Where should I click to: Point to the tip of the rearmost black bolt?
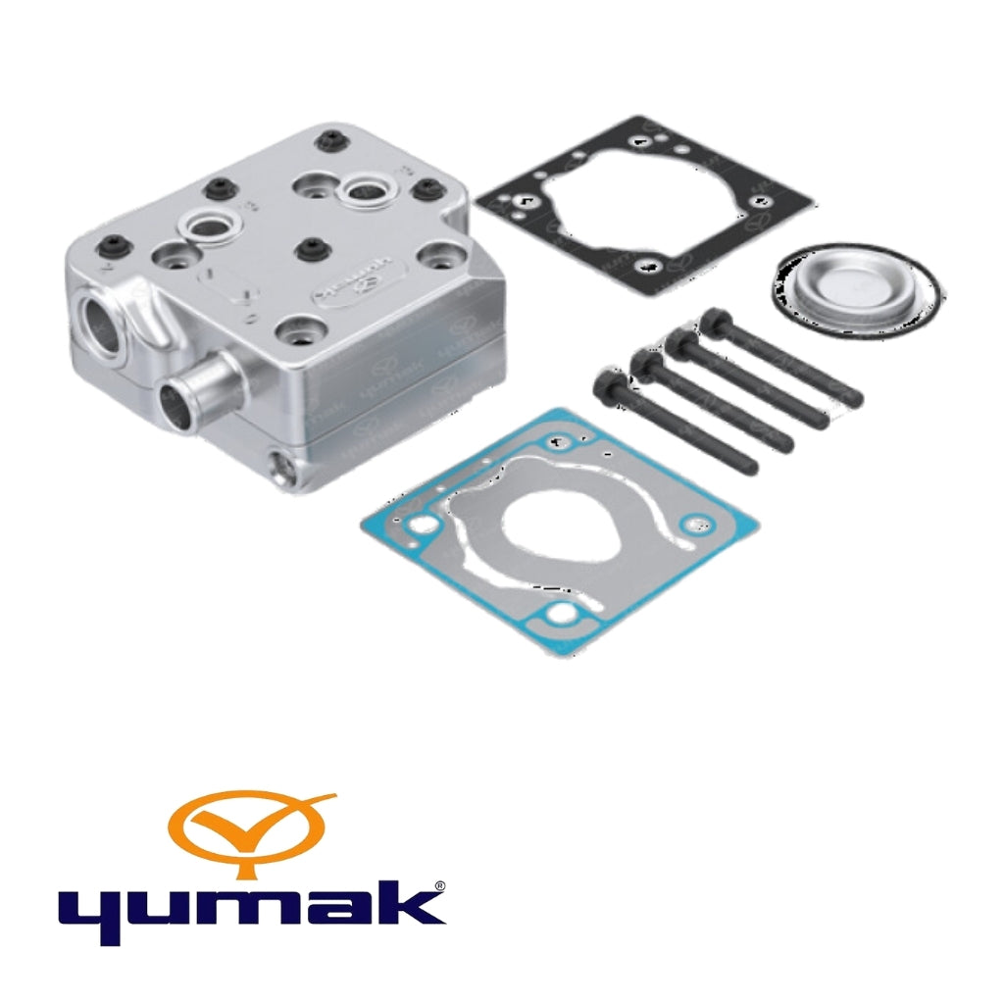(856, 399)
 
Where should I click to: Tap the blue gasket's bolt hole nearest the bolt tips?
(698, 522)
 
